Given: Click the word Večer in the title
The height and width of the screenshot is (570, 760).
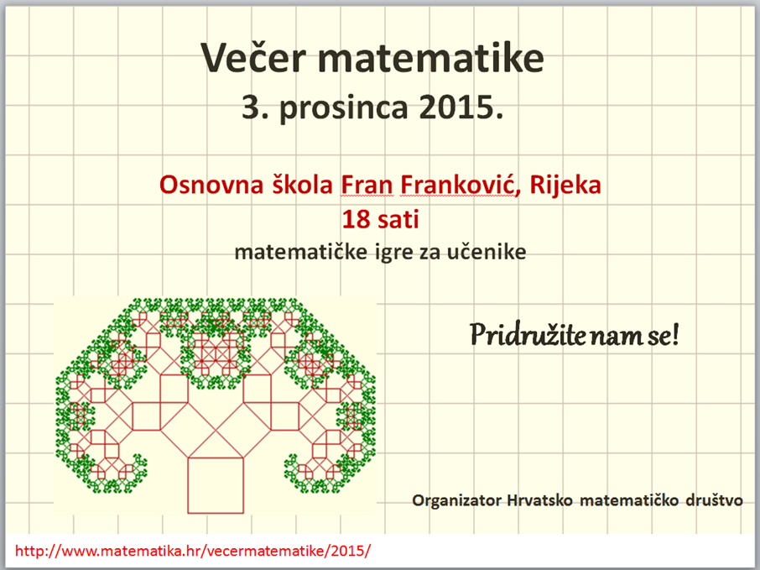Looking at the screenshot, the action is (253, 57).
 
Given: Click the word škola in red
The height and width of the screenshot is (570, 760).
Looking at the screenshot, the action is (302, 185).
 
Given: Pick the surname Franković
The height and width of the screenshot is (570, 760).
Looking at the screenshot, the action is (460, 185).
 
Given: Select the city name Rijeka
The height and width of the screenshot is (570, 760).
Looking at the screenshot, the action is (565, 186).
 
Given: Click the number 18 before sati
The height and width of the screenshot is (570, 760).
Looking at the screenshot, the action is (356, 219).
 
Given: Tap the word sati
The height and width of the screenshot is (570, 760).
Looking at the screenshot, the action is (398, 220).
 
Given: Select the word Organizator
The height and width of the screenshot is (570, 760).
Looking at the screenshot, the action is (456, 500).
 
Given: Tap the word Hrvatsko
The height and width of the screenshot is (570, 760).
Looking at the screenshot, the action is (540, 500).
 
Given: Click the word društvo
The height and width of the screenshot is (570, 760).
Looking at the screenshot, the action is (714, 500).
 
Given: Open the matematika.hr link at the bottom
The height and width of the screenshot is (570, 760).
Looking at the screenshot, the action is (193, 551).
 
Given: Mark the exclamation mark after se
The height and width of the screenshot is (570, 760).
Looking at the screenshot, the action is (674, 334).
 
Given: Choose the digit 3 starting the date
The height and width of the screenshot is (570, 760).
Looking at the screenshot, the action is (251, 107).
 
